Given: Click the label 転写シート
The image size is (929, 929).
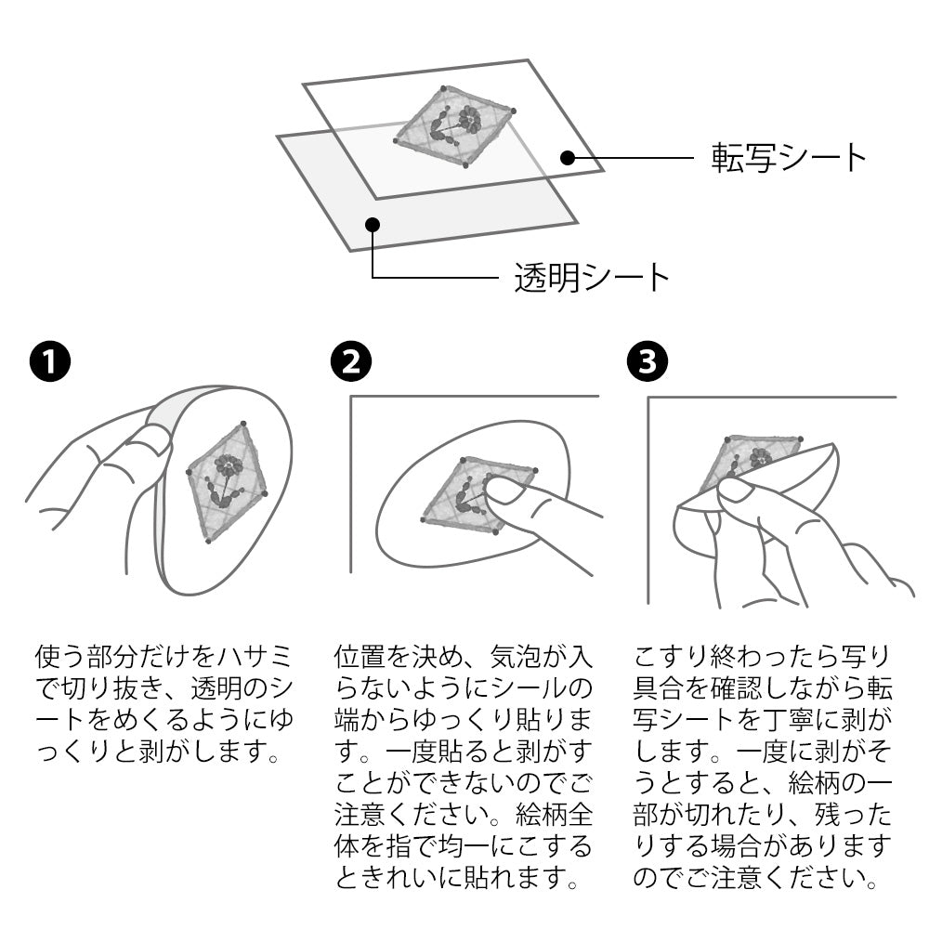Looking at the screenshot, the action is pyautogui.click(x=789, y=158).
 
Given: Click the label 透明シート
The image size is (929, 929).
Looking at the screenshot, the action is pyautogui.click(x=592, y=277).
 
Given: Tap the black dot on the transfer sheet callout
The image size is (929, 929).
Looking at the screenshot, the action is pyautogui.click(x=568, y=158).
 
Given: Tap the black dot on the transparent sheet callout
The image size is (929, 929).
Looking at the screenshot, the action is pyautogui.click(x=373, y=225).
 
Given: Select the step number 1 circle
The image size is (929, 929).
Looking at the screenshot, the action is pyautogui.click(x=50, y=361).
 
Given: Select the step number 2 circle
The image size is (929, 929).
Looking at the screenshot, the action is pyautogui.click(x=351, y=361).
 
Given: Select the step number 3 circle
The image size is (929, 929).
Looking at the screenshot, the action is pyautogui.click(x=647, y=361).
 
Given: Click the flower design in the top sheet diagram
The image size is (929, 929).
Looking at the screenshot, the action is pyautogui.click(x=454, y=126).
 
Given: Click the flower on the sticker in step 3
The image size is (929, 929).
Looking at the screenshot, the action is pyautogui.click(x=760, y=457).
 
